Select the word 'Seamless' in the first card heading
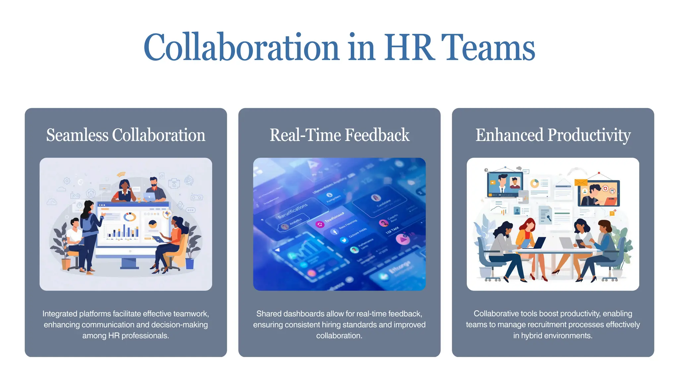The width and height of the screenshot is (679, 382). click(77, 135)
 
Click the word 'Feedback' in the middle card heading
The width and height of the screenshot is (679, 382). click(377, 135)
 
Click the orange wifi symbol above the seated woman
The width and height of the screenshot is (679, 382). click(121, 174)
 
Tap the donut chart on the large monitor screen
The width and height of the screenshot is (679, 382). click(130, 217)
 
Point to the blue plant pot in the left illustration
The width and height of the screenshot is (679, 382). click(190, 264)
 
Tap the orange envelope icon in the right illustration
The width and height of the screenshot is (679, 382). click(581, 182)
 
